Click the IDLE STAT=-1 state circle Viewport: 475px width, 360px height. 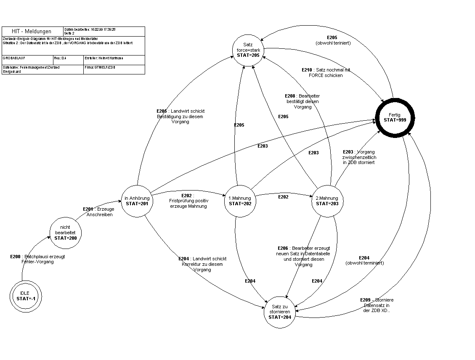point(26,296)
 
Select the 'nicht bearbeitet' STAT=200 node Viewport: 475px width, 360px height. point(65,232)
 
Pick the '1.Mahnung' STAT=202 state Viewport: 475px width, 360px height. point(240,201)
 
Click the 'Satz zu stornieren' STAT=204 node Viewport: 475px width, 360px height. point(280,312)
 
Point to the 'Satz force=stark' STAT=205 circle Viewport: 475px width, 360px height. point(249,50)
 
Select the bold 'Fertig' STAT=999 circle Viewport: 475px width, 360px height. point(395,117)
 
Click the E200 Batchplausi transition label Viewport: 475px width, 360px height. point(38,259)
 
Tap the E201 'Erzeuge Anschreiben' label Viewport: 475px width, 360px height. point(98,212)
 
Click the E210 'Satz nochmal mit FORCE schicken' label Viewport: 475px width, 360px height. point(326,73)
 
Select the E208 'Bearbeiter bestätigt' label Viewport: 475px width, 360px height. point(302,101)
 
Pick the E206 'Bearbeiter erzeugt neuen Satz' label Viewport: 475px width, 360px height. point(303,256)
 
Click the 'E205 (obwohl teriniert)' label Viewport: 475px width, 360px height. point(332,40)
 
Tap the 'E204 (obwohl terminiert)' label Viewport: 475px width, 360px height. point(364,260)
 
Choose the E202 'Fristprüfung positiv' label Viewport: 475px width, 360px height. point(188,201)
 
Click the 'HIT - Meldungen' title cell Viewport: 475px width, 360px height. point(32,32)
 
